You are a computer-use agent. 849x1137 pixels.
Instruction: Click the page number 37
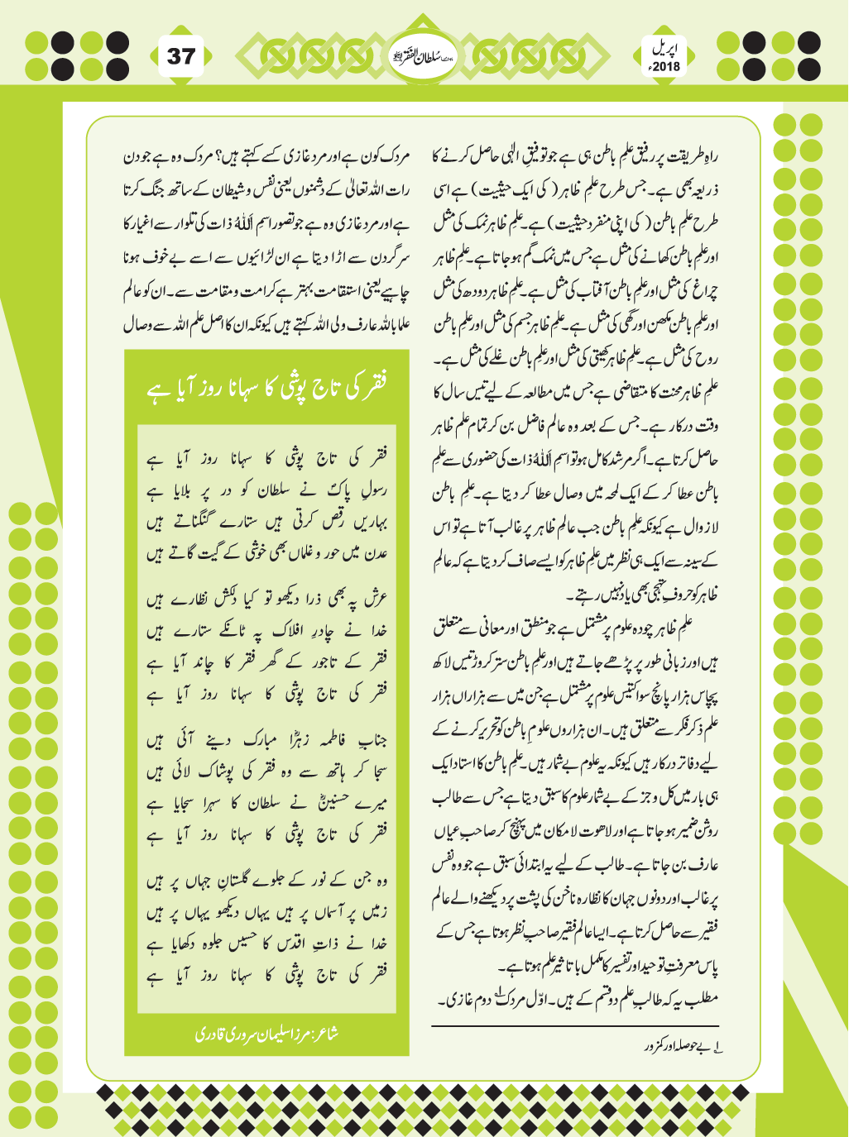[181, 56]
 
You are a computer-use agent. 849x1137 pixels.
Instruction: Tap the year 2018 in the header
[664, 65]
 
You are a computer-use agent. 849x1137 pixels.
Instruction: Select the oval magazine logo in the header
[424, 56]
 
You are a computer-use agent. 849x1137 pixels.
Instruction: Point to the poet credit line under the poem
[266, 1034]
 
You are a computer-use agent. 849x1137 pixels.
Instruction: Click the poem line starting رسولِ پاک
[267, 491]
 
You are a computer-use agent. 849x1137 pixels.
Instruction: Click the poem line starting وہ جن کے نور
[267, 881]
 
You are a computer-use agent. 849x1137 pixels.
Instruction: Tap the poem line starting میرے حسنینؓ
[267, 803]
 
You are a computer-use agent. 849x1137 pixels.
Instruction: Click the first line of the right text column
[577, 156]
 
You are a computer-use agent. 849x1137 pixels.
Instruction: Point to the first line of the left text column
[266, 156]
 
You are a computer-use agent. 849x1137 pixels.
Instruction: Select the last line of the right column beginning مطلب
[577, 999]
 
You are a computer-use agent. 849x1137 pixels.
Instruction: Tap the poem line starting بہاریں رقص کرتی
[267, 523]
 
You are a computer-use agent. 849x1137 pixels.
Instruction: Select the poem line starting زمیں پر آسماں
[267, 913]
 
